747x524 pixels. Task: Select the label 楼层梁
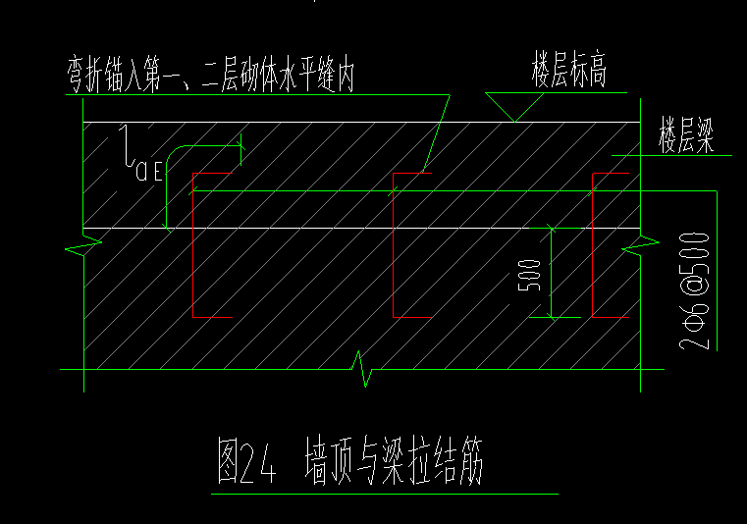click(x=685, y=134)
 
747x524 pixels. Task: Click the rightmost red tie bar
click(x=593, y=245)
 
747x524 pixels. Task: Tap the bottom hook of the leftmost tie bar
click(x=210, y=317)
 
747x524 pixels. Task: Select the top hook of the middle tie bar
click(x=411, y=173)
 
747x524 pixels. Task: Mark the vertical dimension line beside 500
click(x=552, y=274)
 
